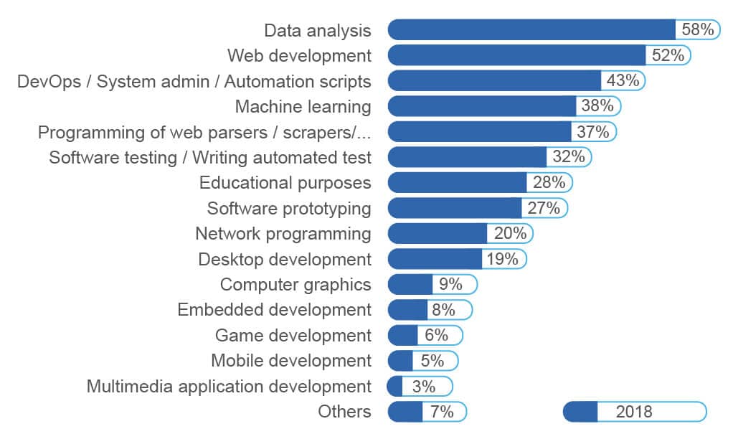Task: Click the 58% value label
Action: (x=698, y=30)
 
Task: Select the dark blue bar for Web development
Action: (x=516, y=55)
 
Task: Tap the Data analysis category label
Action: (x=318, y=30)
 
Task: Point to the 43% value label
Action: (x=623, y=81)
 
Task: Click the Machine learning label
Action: (x=303, y=107)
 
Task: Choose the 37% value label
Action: (x=592, y=132)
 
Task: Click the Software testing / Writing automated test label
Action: (x=210, y=157)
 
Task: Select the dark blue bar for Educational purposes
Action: (x=458, y=183)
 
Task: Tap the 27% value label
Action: (x=544, y=208)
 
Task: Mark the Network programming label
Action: (x=283, y=234)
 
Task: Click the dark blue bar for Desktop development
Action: (x=435, y=259)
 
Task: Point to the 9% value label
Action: (x=451, y=285)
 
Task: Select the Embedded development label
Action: (x=275, y=310)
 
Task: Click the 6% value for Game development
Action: (x=436, y=335)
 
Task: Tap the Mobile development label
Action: (x=291, y=361)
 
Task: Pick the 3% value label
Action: (x=424, y=387)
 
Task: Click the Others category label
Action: (x=345, y=412)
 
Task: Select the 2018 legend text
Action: (x=634, y=412)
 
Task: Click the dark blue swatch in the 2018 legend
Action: (x=581, y=412)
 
